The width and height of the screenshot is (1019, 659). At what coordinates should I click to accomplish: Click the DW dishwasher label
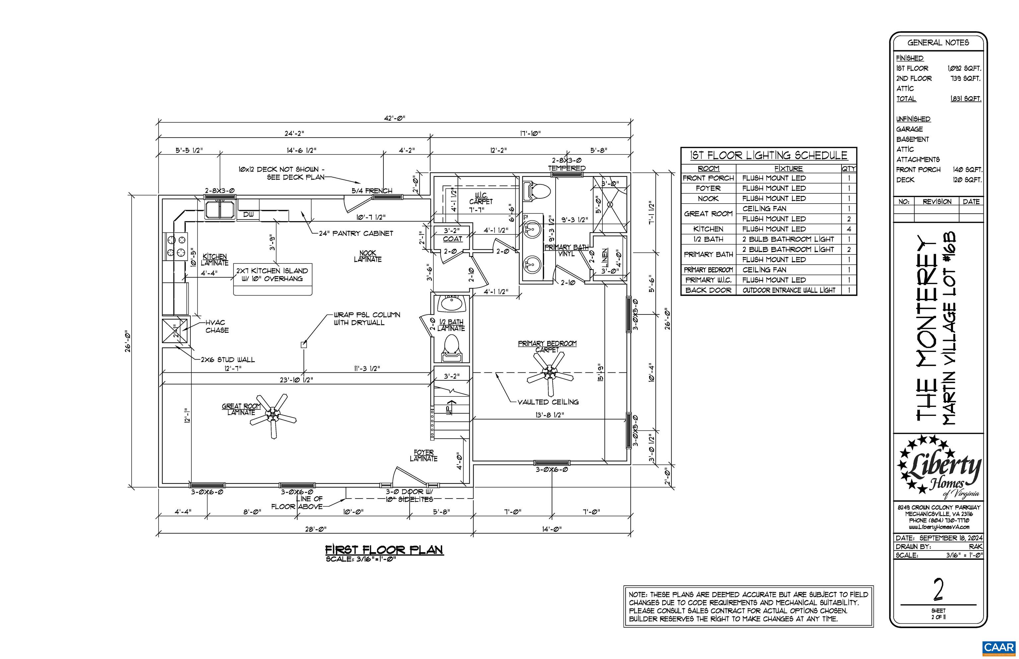pyautogui.click(x=248, y=214)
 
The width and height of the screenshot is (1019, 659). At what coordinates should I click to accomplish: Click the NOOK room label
pyautogui.click(x=368, y=253)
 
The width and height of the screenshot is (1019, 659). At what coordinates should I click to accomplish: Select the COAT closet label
pyautogui.click(x=452, y=239)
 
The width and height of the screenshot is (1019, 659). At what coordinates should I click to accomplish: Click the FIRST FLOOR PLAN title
pyautogui.click(x=384, y=550)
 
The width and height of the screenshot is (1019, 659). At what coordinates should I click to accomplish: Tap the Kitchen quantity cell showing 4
pyautogui.click(x=849, y=229)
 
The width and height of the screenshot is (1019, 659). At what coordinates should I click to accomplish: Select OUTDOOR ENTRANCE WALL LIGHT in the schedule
pyautogui.click(x=789, y=290)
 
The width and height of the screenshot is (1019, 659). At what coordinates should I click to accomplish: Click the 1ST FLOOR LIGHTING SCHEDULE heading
pyautogui.click(x=769, y=155)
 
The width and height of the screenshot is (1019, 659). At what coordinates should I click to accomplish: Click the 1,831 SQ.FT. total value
pyautogui.click(x=966, y=99)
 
